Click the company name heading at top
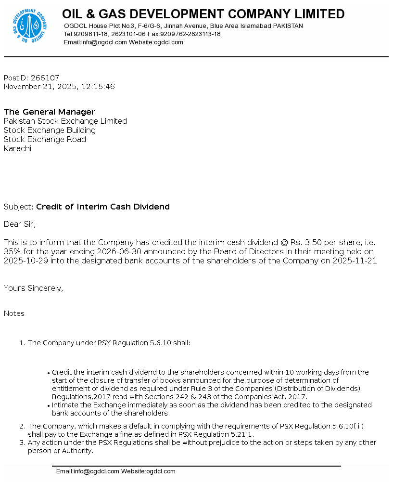tap(203, 14)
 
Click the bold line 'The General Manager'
tap(50, 112)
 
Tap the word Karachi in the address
tap(17, 149)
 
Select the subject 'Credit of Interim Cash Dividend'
tap(103, 207)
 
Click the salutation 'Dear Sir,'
tap(20, 224)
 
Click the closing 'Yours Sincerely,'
tap(34, 288)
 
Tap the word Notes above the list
tap(14, 313)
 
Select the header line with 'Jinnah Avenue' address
tap(183, 26)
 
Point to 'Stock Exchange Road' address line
tap(45, 140)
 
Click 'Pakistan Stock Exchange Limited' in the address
tap(65, 121)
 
